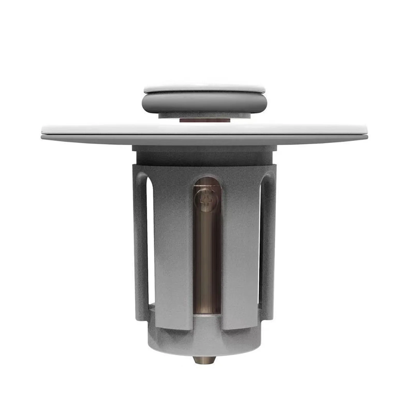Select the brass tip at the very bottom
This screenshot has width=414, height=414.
204,360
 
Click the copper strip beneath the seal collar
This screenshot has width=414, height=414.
204,120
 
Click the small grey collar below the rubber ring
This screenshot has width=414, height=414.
204,115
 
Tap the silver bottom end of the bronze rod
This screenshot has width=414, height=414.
207,317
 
